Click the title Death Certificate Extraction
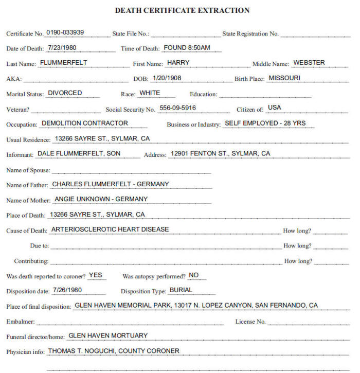click(182, 10)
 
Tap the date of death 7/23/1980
click(61, 48)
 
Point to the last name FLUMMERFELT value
click(63, 63)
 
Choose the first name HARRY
click(178, 63)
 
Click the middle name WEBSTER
click(309, 63)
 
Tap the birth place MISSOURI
click(284, 78)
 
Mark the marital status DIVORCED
click(65, 93)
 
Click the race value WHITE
click(150, 93)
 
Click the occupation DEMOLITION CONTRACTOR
click(85, 123)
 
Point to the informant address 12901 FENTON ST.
click(220, 153)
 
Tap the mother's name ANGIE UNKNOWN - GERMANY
click(101, 199)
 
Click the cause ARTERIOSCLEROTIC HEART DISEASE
click(110, 229)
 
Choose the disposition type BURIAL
click(181, 290)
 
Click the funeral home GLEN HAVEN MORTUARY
click(108, 335)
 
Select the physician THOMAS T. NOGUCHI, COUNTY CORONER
click(114, 351)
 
